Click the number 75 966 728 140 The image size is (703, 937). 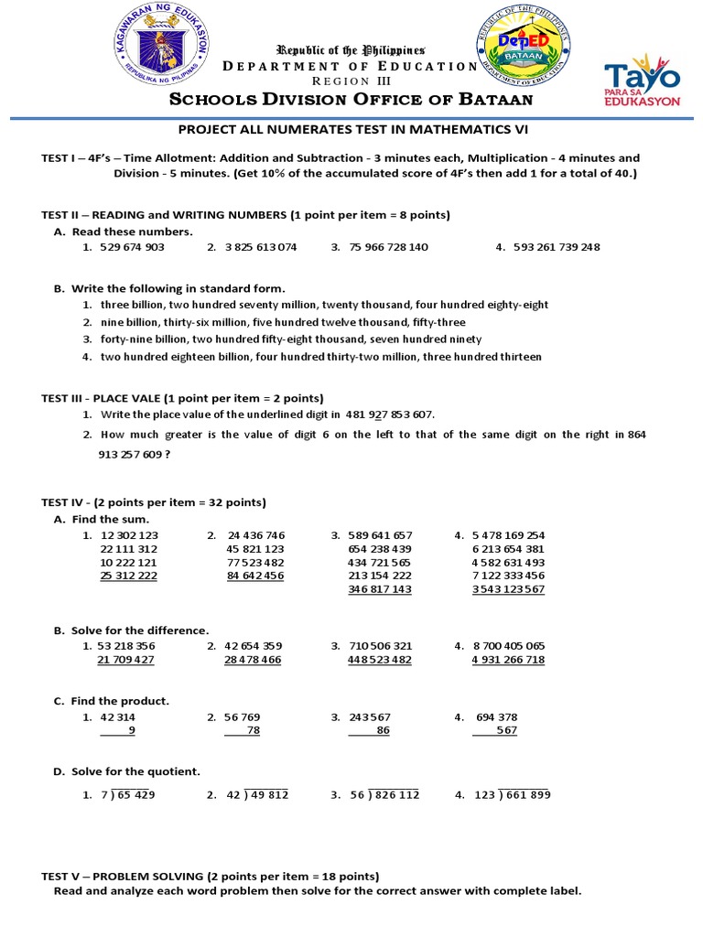coord(388,247)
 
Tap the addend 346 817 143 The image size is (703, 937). coord(380,590)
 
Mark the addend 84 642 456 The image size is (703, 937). coord(255,576)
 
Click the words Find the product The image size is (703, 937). coord(120,701)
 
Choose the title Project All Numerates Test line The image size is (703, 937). coord(352,130)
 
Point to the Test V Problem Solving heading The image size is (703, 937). coord(211,876)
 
